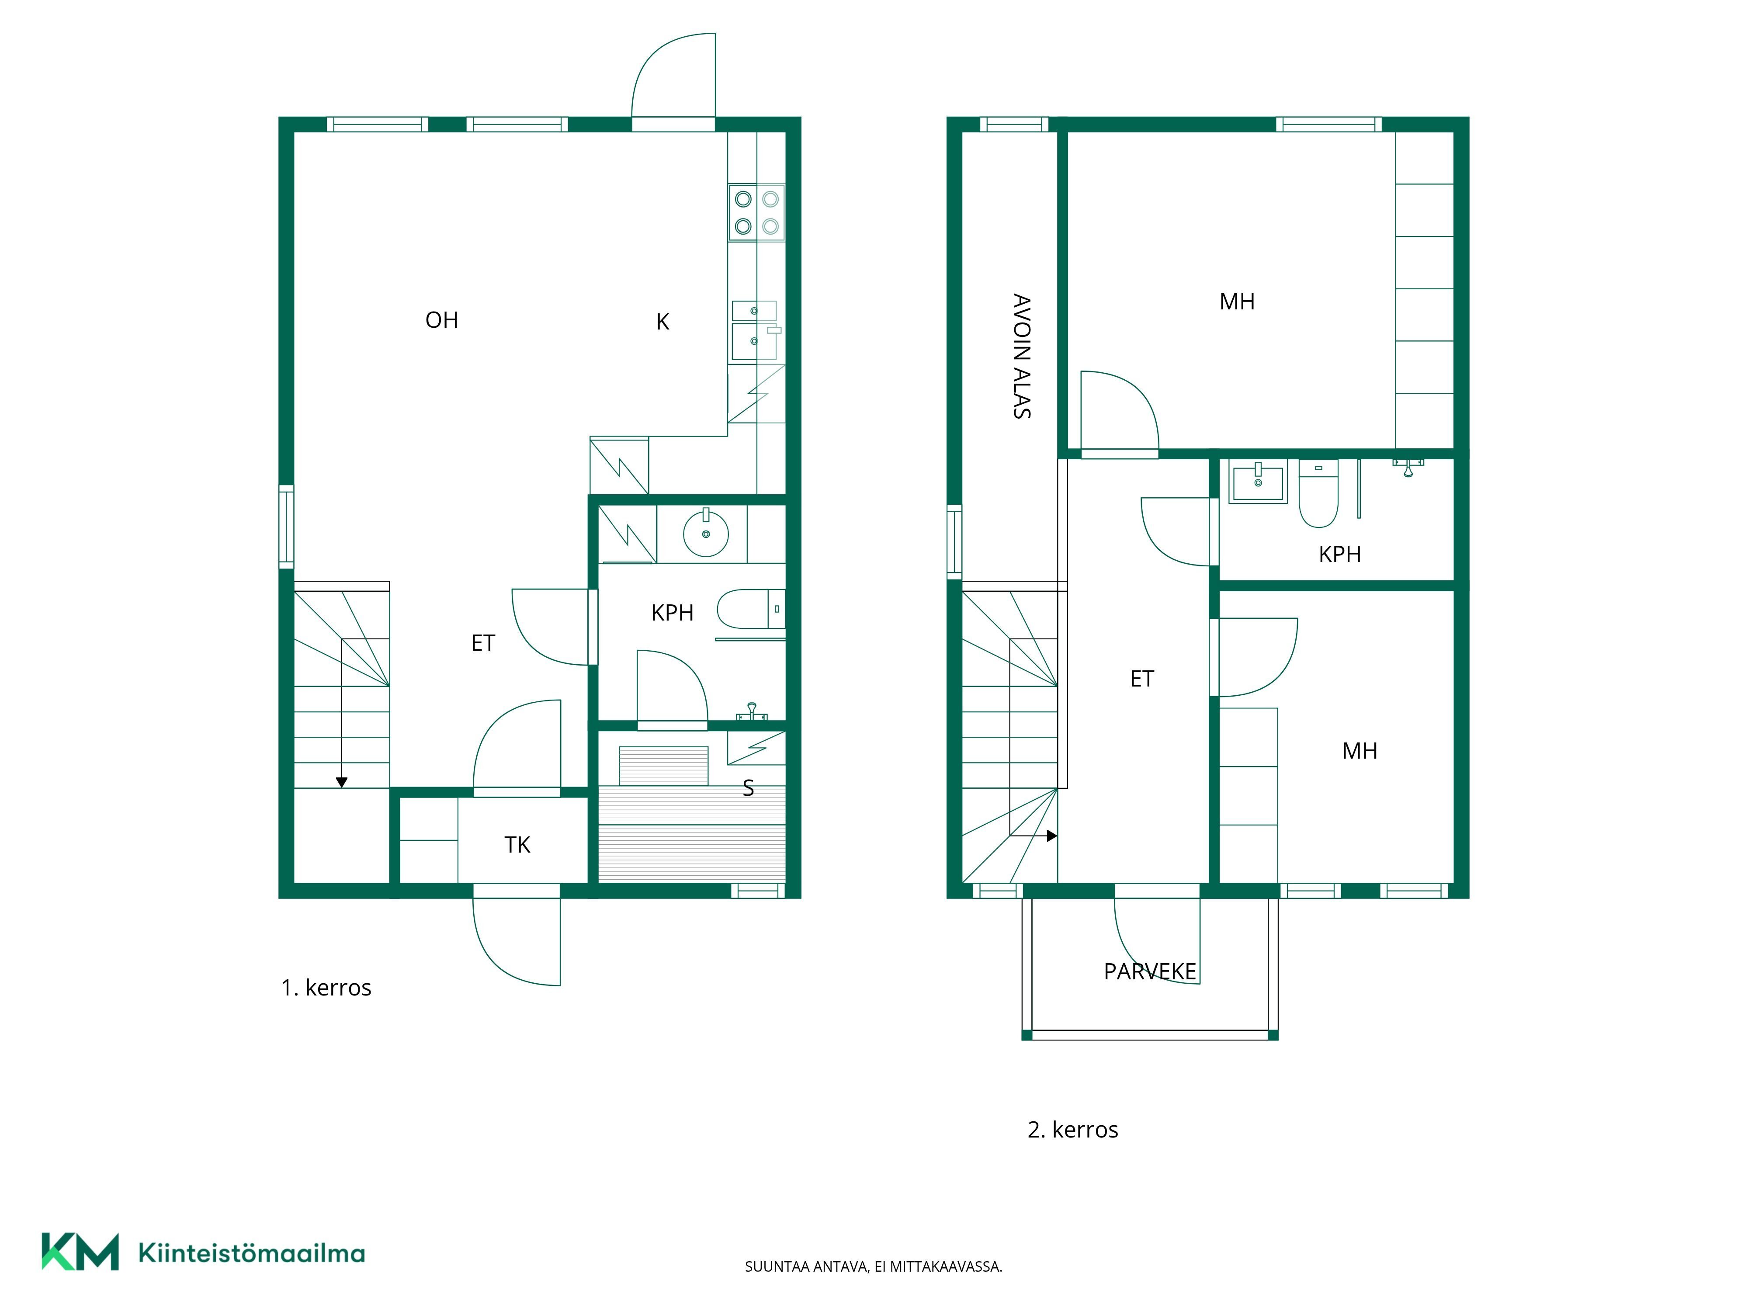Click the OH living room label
(442, 320)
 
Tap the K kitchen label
(663, 322)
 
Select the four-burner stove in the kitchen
(756, 212)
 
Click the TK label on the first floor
(517, 845)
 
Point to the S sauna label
(748, 788)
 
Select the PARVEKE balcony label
(1150, 971)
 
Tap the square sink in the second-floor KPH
(1258, 480)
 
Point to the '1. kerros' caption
(326, 988)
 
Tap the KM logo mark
(80, 1252)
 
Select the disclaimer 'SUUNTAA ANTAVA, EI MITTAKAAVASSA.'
(873, 1267)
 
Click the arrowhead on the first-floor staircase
(341, 782)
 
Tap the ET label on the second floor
(1142, 679)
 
